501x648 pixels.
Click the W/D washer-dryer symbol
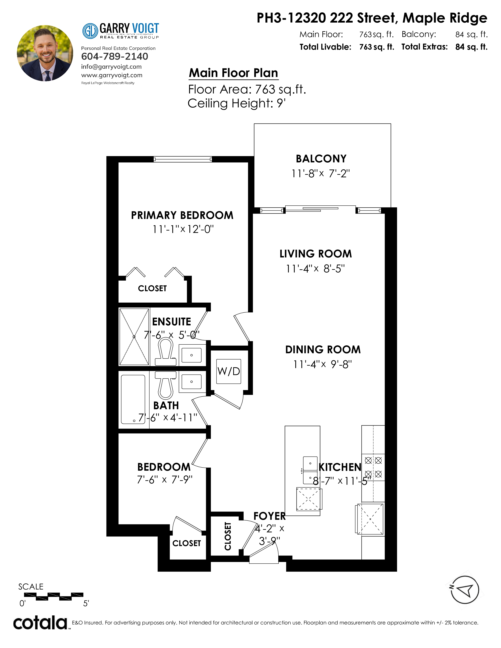tap(228, 371)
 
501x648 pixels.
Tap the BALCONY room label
tap(321, 159)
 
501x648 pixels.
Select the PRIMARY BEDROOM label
tap(182, 215)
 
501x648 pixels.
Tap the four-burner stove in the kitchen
tap(373, 467)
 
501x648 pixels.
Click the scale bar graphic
tap(54, 596)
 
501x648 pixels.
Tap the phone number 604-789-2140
tap(115, 56)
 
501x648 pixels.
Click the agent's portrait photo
tap(45, 53)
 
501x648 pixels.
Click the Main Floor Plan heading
tap(234, 73)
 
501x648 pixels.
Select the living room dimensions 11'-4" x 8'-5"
tap(315, 268)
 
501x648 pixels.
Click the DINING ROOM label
tap(323, 350)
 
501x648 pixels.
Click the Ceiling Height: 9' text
tap(237, 103)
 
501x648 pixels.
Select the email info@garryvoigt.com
tap(111, 67)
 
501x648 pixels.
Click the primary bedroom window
tap(183, 159)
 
